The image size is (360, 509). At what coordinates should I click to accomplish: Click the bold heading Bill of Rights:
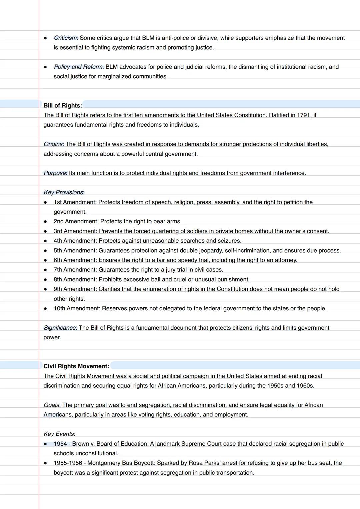pyautogui.click(x=63, y=106)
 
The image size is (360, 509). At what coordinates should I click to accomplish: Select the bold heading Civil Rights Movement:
pyautogui.click(x=76, y=366)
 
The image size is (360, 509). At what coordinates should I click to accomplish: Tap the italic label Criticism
pyautogui.click(x=65, y=38)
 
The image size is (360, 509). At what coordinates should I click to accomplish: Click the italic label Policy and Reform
pyautogui.click(x=79, y=67)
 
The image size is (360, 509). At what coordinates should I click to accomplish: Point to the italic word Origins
pyautogui.click(x=53, y=144)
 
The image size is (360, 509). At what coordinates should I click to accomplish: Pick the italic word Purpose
pyautogui.click(x=55, y=173)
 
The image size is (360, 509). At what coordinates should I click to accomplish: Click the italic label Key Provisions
pyautogui.click(x=63, y=193)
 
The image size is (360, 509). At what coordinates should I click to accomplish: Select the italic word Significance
pyautogui.click(x=60, y=328)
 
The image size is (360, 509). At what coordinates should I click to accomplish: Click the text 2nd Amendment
pyautogui.click(x=76, y=222)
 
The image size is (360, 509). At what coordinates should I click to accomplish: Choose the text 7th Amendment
pyautogui.click(x=75, y=270)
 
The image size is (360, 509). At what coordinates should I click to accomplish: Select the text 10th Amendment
pyautogui.click(x=77, y=309)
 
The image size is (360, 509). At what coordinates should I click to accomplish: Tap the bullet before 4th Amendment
pyautogui.click(x=45, y=241)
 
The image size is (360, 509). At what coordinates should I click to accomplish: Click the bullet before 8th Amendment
pyautogui.click(x=45, y=280)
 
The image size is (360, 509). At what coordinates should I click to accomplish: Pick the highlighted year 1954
pyautogui.click(x=60, y=444)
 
